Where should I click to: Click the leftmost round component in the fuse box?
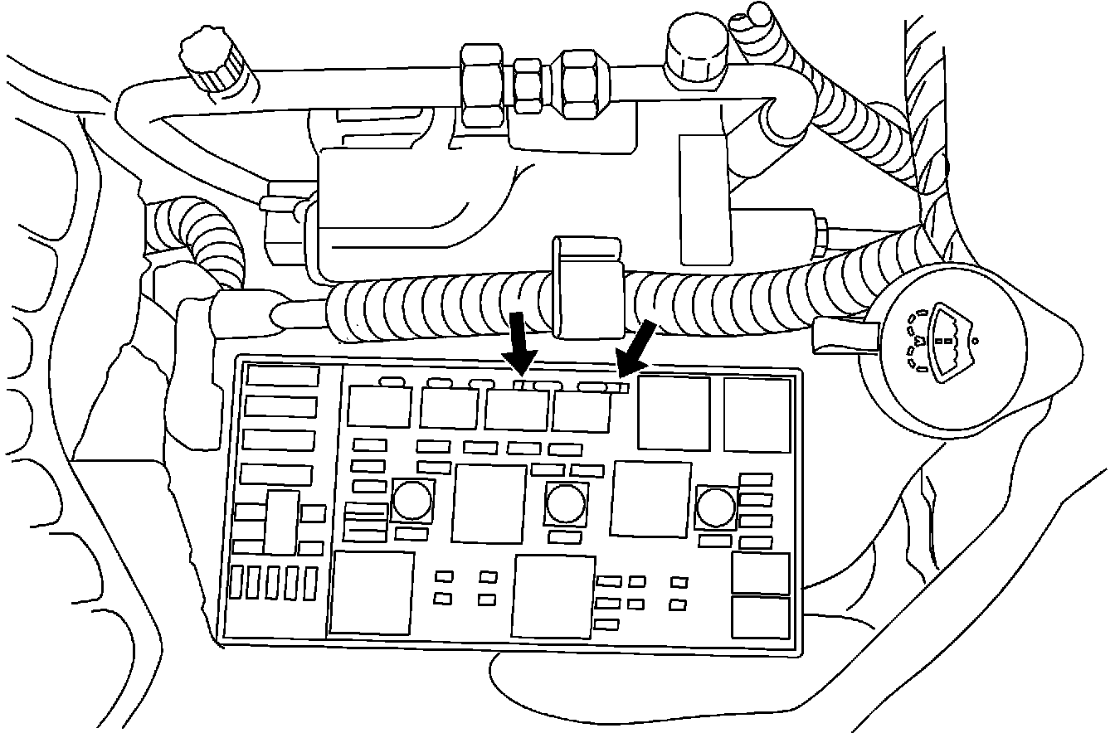click(x=411, y=500)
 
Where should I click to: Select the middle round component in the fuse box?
click(x=566, y=502)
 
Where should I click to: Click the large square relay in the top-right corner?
click(x=757, y=415)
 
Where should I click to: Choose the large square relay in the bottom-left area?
click(x=372, y=592)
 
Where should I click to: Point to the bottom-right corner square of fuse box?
click(x=761, y=617)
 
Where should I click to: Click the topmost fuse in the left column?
click(x=283, y=376)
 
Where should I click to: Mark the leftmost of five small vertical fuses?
click(x=239, y=582)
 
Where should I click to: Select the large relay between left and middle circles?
click(x=489, y=503)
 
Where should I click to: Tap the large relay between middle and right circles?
click(x=650, y=499)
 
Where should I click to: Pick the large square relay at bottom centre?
click(x=554, y=597)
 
